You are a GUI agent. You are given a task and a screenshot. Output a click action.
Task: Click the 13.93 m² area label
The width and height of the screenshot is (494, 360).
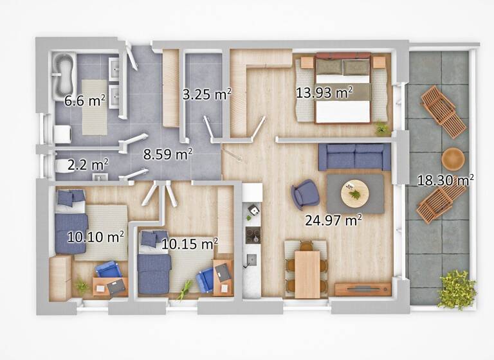(x=324, y=93)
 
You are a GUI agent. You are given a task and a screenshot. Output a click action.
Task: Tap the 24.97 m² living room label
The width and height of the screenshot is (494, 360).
(x=333, y=221)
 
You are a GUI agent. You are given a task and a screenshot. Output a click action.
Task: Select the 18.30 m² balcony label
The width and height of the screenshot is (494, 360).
(x=445, y=181)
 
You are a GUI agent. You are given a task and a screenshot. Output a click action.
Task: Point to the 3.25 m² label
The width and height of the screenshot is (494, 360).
(x=206, y=94)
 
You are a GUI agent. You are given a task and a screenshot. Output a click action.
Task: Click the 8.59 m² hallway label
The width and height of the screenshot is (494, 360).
(x=167, y=154)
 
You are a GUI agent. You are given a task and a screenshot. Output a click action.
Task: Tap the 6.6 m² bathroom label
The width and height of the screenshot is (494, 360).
(x=85, y=100)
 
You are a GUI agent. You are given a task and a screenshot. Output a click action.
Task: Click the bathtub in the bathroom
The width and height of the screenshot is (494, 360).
(x=64, y=75)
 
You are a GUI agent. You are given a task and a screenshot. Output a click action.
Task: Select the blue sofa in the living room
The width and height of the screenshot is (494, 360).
(x=354, y=157)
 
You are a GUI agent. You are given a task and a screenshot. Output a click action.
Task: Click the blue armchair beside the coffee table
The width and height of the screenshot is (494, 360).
(x=305, y=194)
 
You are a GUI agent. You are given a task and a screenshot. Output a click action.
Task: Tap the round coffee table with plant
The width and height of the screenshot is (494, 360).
(x=354, y=193)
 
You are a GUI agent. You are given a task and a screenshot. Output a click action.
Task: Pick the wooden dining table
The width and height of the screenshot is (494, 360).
(x=307, y=273)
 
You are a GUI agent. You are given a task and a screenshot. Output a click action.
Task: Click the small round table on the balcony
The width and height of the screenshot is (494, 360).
(x=453, y=158)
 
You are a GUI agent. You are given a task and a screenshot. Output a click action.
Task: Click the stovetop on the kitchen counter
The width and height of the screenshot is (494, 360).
(x=253, y=235)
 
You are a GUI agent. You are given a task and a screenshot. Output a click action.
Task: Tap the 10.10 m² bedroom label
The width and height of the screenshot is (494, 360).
(x=95, y=237)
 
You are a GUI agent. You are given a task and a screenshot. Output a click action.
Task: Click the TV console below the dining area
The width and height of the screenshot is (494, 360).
(x=363, y=289)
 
